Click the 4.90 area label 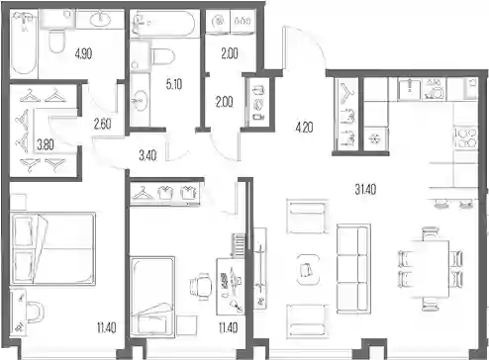[x=83, y=53]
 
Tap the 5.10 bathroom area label [x=174, y=84]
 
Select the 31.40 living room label [x=365, y=189]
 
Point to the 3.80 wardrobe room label [x=46, y=144]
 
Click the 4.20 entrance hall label [x=304, y=127]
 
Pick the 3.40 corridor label [x=147, y=155]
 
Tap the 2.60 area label [x=102, y=124]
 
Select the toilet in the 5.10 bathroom [x=162, y=56]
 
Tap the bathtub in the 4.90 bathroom [x=24, y=43]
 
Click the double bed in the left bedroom [x=52, y=248]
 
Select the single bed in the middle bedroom [x=152, y=297]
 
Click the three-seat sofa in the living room [x=353, y=269]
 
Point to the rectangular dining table [x=430, y=269]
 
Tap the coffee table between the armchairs [x=308, y=269]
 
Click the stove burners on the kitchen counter [x=465, y=137]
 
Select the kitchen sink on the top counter [x=409, y=89]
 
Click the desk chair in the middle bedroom [x=201, y=286]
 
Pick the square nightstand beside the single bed [x=187, y=325]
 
